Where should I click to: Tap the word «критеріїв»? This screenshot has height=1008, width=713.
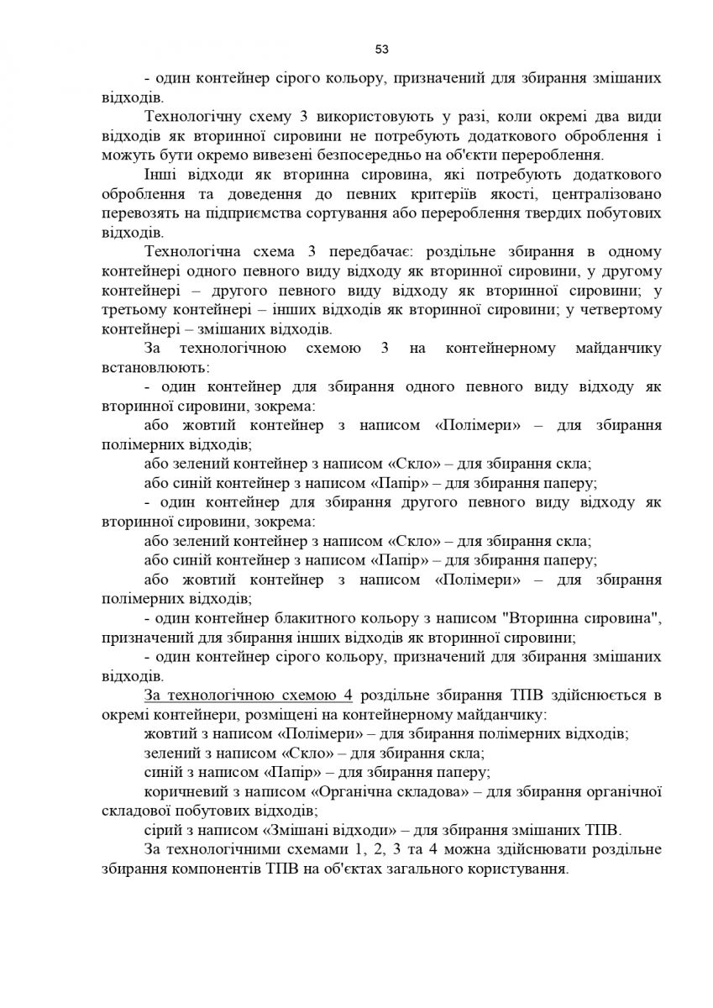click(460, 192)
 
